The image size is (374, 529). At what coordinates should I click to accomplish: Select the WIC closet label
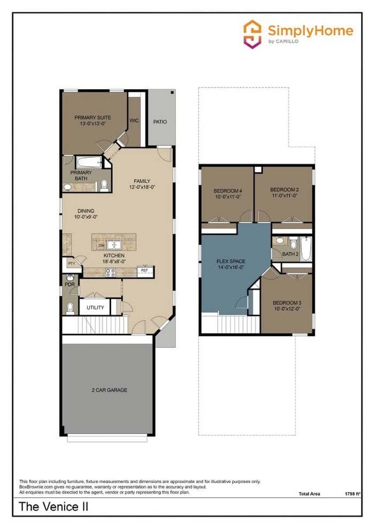[x=134, y=121]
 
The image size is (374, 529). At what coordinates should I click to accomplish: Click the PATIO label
[x=160, y=122]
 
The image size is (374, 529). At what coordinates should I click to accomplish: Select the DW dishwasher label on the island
[x=101, y=245]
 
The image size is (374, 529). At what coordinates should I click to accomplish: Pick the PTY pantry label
[x=71, y=264]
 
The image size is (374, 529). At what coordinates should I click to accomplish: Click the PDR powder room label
[x=69, y=284]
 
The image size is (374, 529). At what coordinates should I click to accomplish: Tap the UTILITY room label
[x=96, y=307]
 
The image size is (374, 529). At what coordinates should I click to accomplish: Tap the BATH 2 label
[x=291, y=254]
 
